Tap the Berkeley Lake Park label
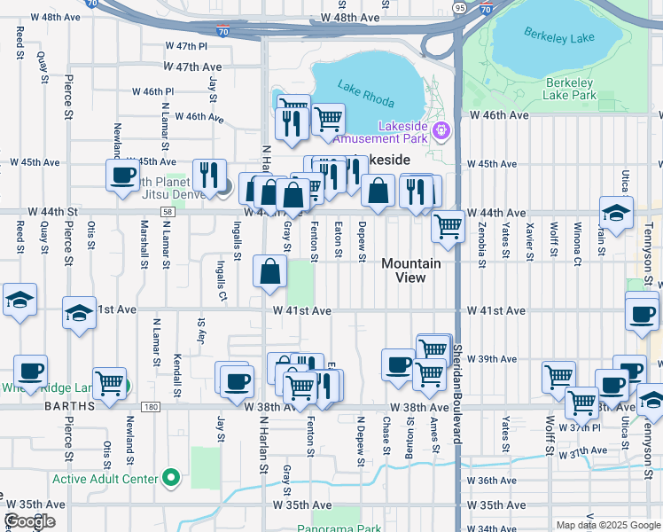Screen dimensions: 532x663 (569, 88)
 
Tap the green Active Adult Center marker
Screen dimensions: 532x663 (171, 480)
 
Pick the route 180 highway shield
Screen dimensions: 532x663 (150, 407)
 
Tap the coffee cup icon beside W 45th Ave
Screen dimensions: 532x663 (122, 175)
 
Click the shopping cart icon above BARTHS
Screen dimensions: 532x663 (109, 384)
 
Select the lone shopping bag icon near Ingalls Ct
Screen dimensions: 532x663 (270, 271)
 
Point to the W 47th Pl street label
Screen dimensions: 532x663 (191, 45)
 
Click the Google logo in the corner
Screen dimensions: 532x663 (28, 521)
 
